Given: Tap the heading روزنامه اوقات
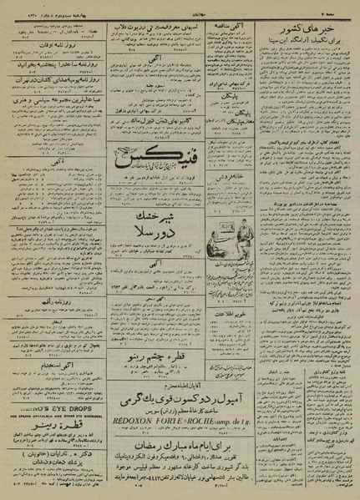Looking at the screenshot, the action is click(x=54, y=41).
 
